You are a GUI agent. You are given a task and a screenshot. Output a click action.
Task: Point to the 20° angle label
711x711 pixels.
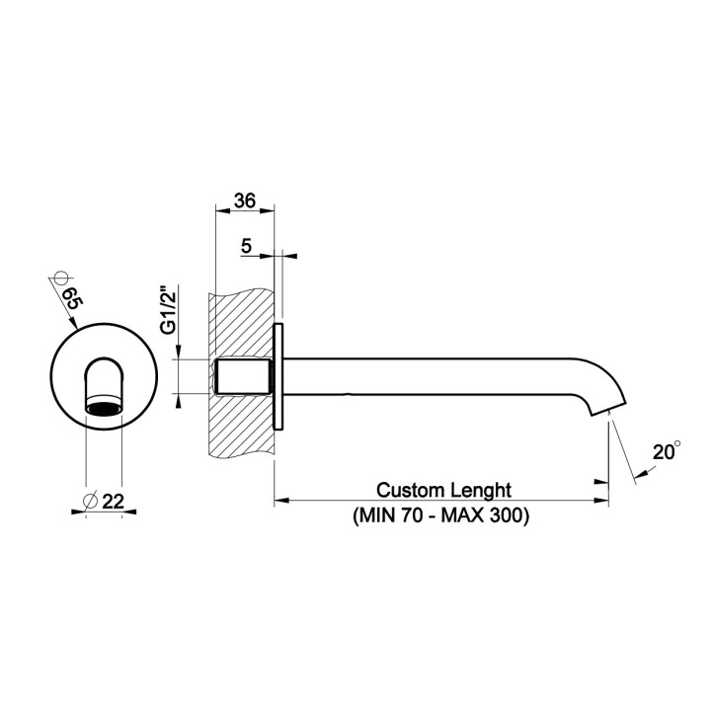point(667,453)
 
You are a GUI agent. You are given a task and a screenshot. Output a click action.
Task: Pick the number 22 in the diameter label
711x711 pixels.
point(112,502)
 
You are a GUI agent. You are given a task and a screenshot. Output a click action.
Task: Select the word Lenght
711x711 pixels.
point(481,490)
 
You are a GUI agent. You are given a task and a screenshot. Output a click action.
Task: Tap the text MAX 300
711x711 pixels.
point(484,515)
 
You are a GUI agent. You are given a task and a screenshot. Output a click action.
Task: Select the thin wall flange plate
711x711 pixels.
point(279,377)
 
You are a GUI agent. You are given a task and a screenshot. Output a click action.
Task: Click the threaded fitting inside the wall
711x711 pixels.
point(243,377)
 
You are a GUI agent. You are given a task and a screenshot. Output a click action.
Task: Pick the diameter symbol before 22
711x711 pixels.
point(91,502)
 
